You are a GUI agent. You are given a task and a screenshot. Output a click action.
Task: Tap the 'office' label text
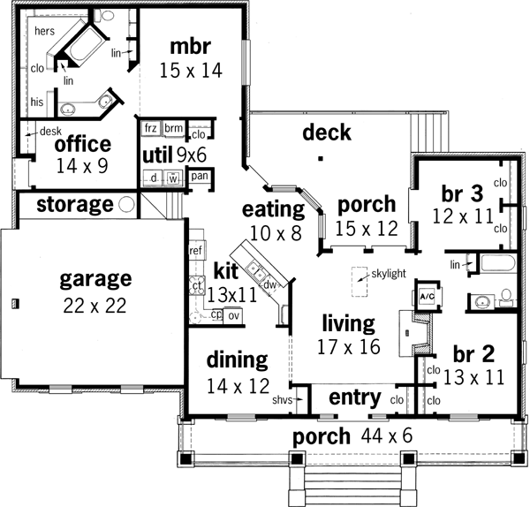(82, 144)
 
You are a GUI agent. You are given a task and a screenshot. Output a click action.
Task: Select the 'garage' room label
(95, 279)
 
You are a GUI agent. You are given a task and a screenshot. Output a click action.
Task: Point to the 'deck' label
(327, 132)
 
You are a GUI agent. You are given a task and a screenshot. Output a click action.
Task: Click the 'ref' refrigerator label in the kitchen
(196, 251)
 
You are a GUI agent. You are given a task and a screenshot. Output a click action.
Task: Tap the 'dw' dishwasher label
(269, 284)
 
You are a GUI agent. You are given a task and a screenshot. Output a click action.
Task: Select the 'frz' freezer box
(150, 128)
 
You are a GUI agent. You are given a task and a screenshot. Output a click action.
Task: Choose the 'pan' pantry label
(200, 176)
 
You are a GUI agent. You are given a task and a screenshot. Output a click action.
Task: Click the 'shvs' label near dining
(282, 400)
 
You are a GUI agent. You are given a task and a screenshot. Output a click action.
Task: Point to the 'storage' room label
(75, 205)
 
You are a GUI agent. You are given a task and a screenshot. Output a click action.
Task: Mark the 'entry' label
(354, 397)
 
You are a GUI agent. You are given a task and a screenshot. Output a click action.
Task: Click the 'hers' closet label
(45, 30)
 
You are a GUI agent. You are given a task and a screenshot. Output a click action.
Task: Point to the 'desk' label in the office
(48, 132)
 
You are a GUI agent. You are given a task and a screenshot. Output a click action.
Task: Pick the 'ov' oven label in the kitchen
(234, 315)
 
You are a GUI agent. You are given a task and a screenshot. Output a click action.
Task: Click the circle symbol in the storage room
(127, 205)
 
